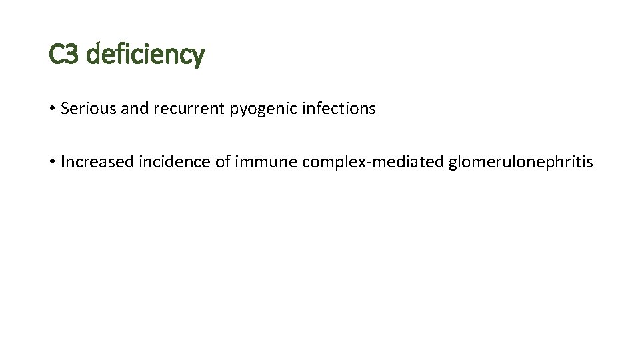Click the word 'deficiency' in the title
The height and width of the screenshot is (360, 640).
tap(145, 55)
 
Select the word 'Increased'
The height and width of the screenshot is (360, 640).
tap(97, 162)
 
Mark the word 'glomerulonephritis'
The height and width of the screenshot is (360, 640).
tap(521, 163)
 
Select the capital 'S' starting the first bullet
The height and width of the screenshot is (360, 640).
tap(65, 109)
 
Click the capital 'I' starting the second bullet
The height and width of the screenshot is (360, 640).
tap(63, 162)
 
